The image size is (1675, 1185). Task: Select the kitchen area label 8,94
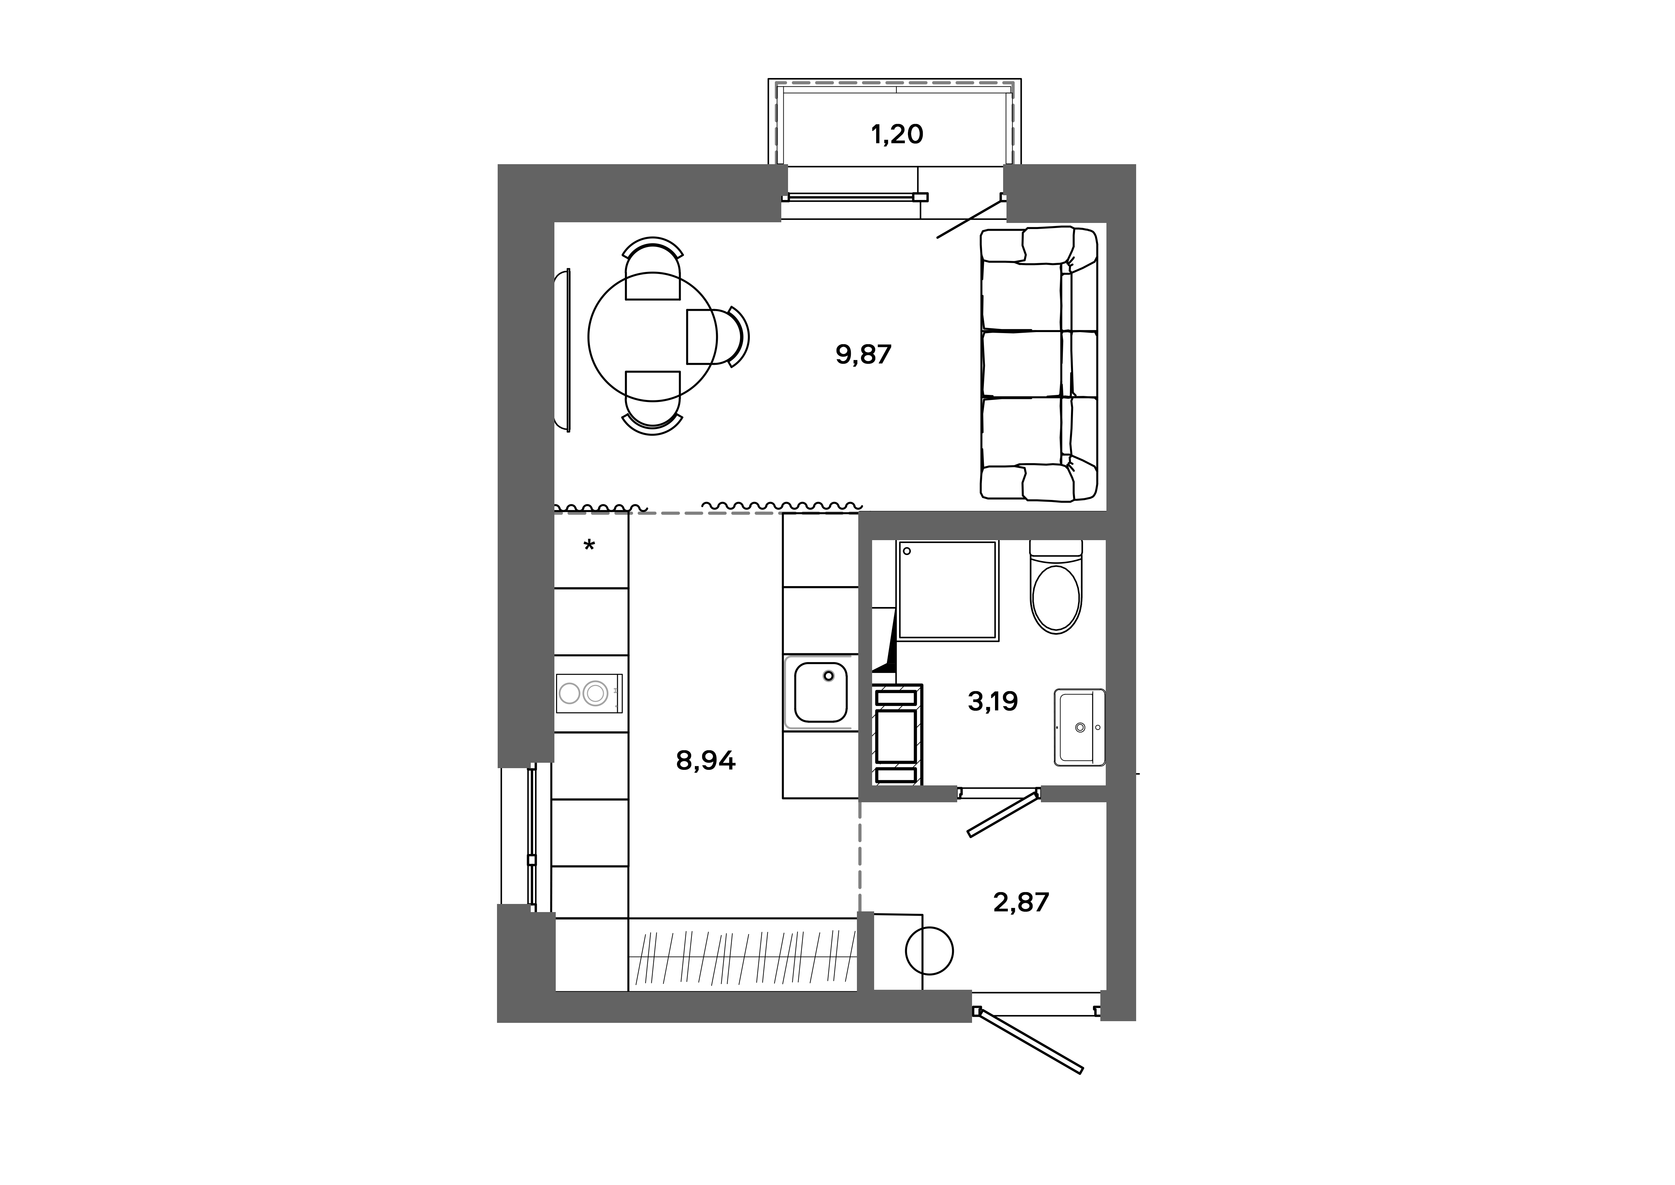coord(705,761)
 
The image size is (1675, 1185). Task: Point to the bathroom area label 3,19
coord(992,701)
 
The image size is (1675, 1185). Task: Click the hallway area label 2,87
coord(1021,903)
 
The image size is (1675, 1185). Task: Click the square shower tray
coord(947,590)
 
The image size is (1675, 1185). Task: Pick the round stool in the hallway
coord(929,950)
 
